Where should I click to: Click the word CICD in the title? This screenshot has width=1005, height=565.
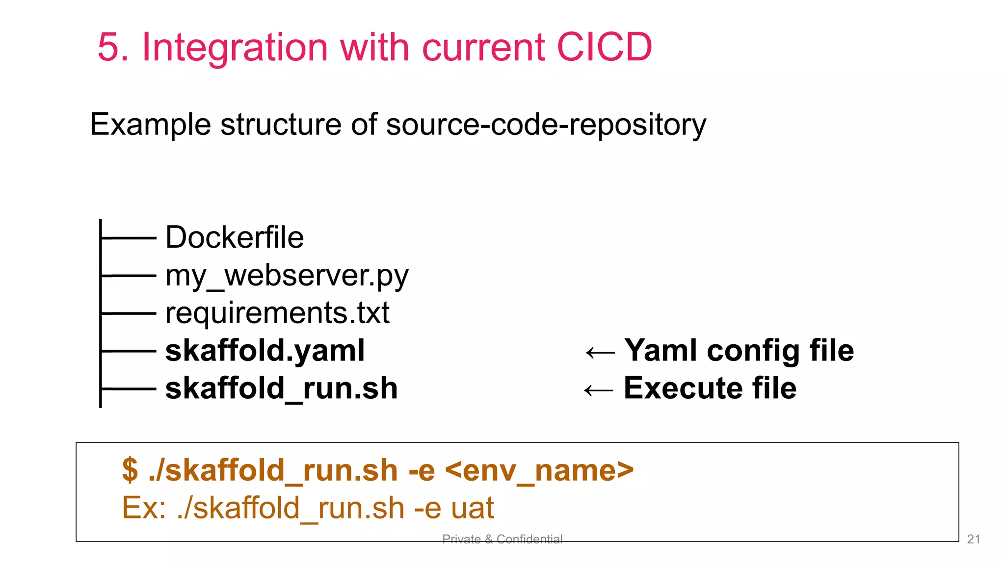click(x=604, y=47)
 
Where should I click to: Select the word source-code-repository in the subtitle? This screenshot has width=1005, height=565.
click(x=546, y=125)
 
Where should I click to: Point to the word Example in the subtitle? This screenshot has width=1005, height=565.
click(x=151, y=125)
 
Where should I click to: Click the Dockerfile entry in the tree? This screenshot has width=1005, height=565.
click(x=235, y=237)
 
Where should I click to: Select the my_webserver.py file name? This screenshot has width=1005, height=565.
click(x=287, y=276)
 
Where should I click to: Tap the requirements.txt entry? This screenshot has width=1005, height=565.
click(x=277, y=313)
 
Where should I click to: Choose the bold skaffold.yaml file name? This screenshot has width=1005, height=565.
click(x=265, y=351)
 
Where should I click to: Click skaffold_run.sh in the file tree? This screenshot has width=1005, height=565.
click(x=281, y=388)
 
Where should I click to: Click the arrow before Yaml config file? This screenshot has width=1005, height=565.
click(x=600, y=352)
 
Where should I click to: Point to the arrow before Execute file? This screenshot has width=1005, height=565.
click(x=599, y=390)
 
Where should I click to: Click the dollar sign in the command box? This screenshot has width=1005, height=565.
click(x=130, y=470)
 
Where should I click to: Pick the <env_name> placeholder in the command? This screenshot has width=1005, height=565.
click(x=539, y=470)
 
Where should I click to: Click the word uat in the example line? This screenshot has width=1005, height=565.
click(x=472, y=508)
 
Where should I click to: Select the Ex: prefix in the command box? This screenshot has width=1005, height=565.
click(x=144, y=508)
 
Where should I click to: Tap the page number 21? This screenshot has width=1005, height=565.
click(x=973, y=539)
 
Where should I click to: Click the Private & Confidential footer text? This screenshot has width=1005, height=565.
click(x=502, y=539)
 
